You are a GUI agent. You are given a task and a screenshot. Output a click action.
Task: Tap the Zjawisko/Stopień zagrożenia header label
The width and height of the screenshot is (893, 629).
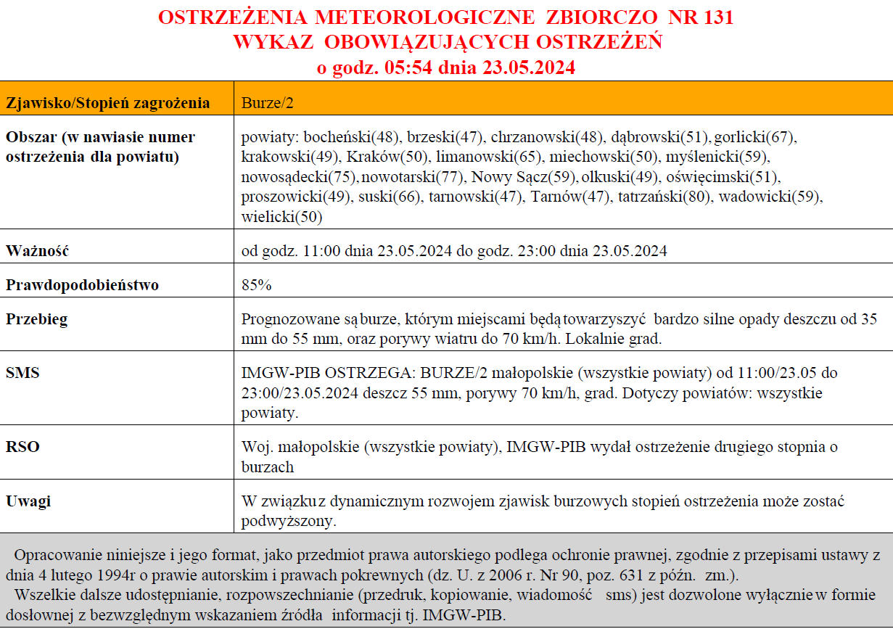pyautogui.click(x=108, y=103)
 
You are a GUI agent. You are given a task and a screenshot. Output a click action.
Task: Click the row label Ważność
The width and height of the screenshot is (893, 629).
pyautogui.click(x=37, y=252)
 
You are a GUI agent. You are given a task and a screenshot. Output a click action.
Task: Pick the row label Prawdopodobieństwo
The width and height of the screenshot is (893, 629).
pyautogui.click(x=82, y=285)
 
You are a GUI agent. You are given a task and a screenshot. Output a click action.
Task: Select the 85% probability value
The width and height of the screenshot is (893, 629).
pyautogui.click(x=256, y=285)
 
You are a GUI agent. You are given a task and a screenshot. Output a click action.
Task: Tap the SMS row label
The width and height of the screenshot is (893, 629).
pyautogui.click(x=22, y=374)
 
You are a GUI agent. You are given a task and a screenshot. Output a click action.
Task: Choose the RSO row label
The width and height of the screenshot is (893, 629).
pyautogui.click(x=22, y=447)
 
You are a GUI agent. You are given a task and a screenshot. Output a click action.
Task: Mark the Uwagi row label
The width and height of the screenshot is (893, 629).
pyautogui.click(x=28, y=501)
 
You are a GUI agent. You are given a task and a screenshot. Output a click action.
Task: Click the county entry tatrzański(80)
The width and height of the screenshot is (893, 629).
pyautogui.click(x=664, y=197)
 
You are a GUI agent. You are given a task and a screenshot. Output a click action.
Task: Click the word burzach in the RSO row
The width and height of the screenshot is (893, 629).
pyautogui.click(x=268, y=466)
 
